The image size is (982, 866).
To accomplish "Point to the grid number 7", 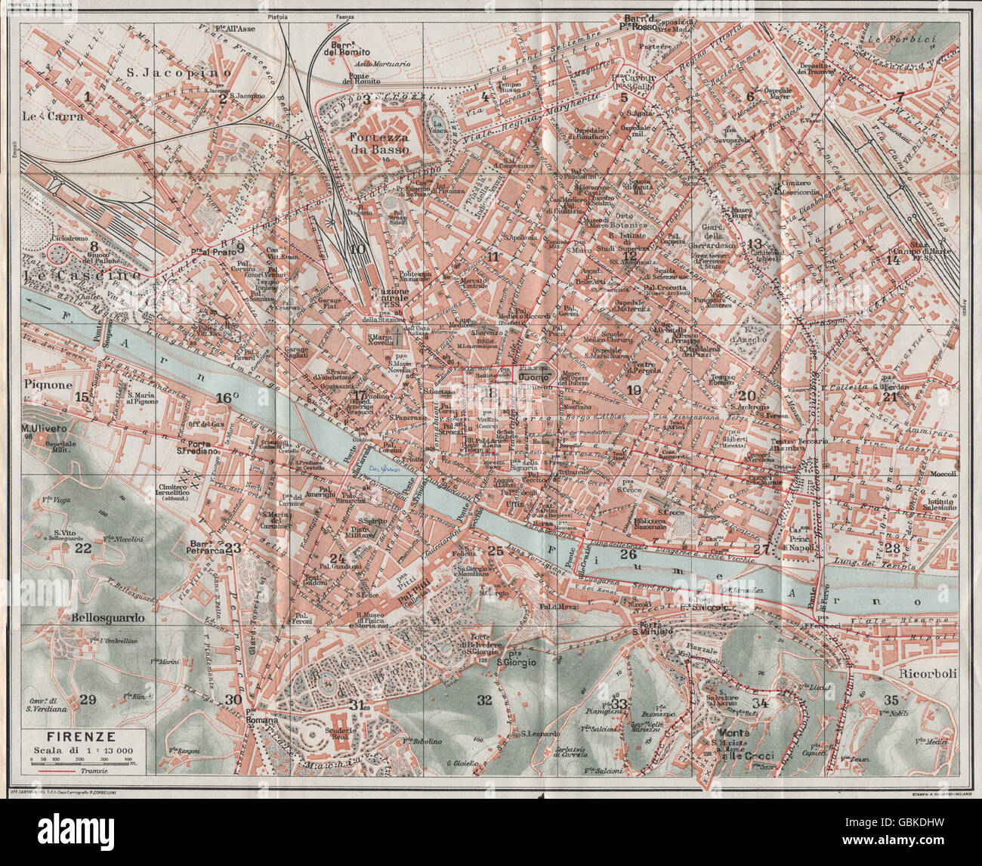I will point(899,97).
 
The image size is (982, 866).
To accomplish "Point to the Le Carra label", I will point(42,116).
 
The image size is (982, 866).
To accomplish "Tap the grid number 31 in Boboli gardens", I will point(358,705).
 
